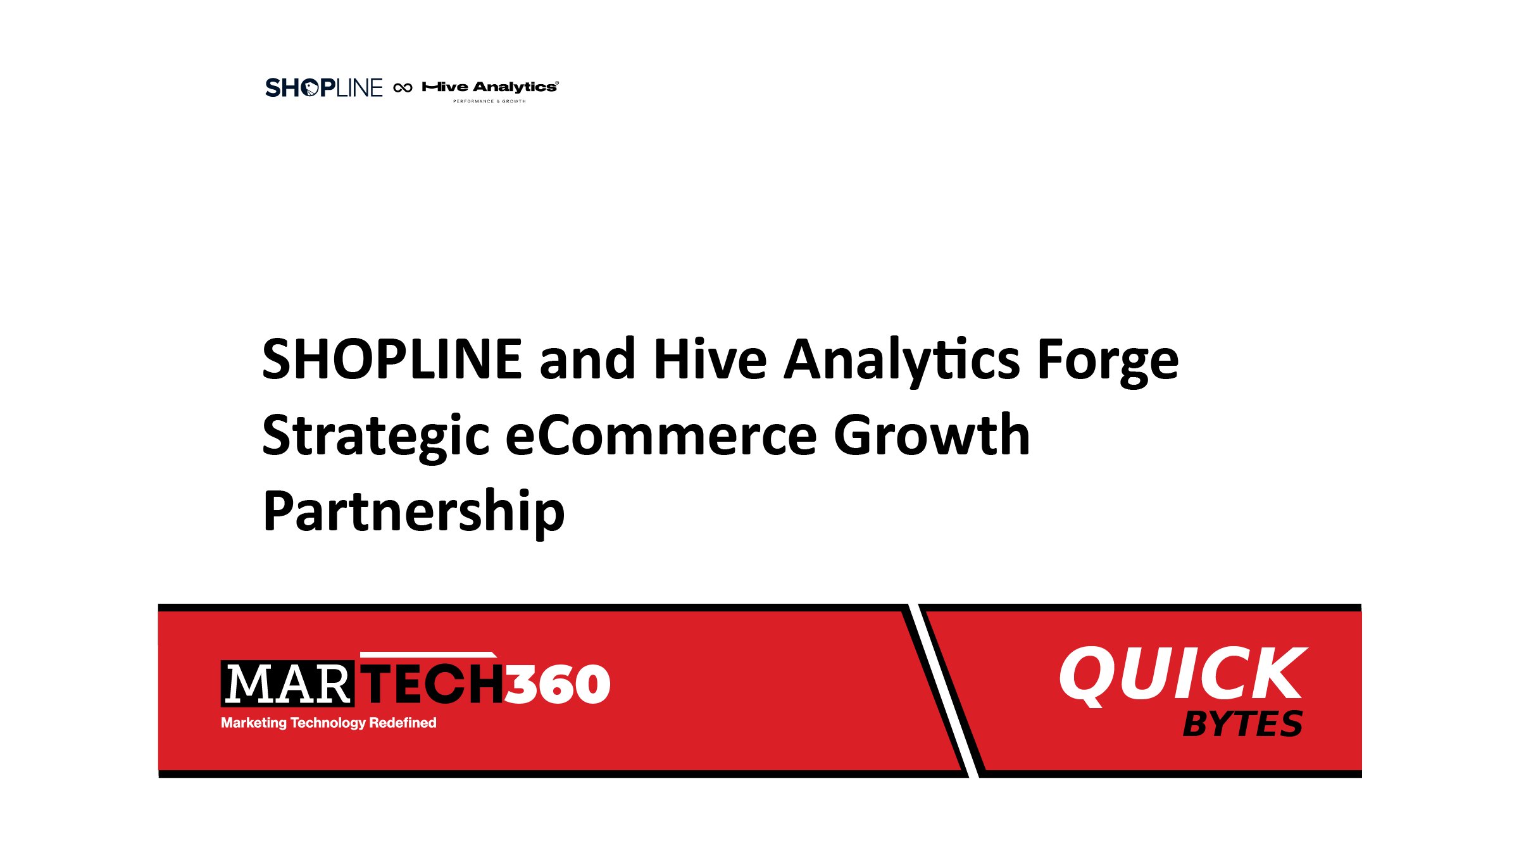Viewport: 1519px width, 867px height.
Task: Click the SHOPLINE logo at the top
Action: pyautogui.click(x=323, y=88)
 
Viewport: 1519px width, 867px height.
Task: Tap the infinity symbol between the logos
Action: pyautogui.click(x=403, y=88)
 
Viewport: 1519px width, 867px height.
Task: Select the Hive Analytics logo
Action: pyautogui.click(x=490, y=87)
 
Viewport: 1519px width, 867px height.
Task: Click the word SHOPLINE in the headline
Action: pyautogui.click(x=392, y=359)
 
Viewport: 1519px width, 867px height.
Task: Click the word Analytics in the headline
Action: pyautogui.click(x=901, y=359)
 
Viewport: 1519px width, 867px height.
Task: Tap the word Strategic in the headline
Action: pyautogui.click(x=376, y=437)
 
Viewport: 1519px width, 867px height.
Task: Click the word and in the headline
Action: pyautogui.click(x=587, y=359)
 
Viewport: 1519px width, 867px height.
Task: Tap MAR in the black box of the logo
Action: pyautogui.click(x=287, y=684)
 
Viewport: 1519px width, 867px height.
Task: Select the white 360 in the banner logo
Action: pyautogui.click(x=557, y=684)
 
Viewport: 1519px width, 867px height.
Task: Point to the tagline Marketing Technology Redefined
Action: pyautogui.click(x=328, y=723)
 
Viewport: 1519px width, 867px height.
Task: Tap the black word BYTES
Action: pyautogui.click(x=1242, y=724)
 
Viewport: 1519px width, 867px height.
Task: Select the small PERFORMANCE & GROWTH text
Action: pyautogui.click(x=489, y=101)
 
